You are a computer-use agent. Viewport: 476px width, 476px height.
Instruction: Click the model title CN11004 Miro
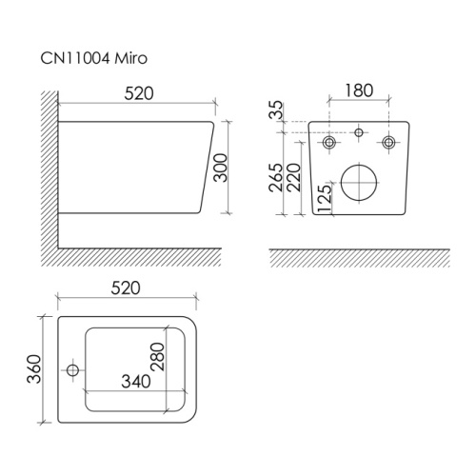pyautogui.click(x=94, y=58)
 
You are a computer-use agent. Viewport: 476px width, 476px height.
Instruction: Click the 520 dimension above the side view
pyautogui.click(x=139, y=93)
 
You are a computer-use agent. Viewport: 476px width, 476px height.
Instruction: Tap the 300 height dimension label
pyautogui.click(x=220, y=168)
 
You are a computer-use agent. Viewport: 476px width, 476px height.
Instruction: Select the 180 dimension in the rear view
pyautogui.click(x=359, y=90)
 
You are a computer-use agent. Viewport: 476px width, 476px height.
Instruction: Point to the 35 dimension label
pyautogui.click(x=276, y=109)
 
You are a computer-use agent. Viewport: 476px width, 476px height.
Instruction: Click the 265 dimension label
pyautogui.click(x=275, y=177)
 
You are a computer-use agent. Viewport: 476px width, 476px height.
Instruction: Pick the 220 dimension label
pyautogui.click(x=293, y=177)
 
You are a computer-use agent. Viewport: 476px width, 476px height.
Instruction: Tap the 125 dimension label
pyautogui.click(x=324, y=199)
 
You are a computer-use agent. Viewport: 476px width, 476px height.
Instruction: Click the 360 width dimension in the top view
pyautogui.click(x=34, y=369)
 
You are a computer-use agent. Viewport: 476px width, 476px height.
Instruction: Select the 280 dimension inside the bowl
pyautogui.click(x=158, y=356)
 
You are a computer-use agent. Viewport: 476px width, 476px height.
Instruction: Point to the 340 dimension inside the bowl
pyautogui.click(x=136, y=382)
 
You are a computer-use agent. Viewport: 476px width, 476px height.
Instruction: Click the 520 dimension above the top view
pyautogui.click(x=126, y=288)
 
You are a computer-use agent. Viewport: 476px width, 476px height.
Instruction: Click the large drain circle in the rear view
pyautogui.click(x=359, y=183)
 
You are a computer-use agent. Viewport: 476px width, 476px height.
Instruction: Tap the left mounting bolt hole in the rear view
pyautogui.click(x=329, y=142)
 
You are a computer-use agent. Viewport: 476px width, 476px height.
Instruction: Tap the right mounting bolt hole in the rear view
pyautogui.click(x=388, y=142)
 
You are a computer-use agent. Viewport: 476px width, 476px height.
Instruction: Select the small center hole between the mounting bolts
pyautogui.click(x=359, y=132)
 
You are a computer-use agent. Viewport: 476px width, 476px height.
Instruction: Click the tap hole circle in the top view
pyautogui.click(x=73, y=370)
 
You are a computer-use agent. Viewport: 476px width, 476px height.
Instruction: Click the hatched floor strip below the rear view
pyautogui.click(x=359, y=258)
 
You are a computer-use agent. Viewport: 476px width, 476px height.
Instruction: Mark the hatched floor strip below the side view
pyautogui.click(x=131, y=257)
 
